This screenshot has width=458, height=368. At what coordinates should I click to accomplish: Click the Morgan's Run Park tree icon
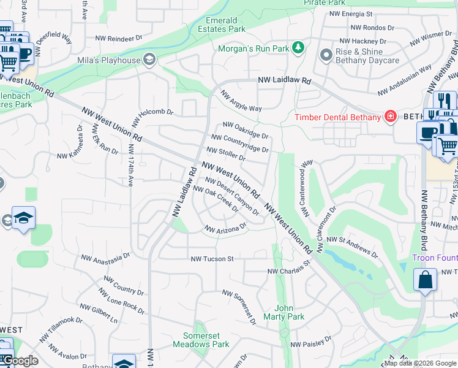click(298, 48)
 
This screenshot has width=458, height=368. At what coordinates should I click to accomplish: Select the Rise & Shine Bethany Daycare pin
click(326, 56)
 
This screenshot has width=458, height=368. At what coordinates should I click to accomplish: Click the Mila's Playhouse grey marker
click(148, 59)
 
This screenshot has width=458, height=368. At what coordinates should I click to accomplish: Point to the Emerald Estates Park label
click(222, 25)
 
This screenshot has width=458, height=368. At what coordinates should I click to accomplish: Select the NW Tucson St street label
click(212, 259)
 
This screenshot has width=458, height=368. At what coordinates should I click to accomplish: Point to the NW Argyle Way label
click(241, 101)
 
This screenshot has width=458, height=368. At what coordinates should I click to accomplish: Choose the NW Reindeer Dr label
click(123, 38)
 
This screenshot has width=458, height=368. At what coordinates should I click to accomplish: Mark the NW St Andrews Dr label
click(352, 245)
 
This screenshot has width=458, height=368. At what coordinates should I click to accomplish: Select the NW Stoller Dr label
click(227, 154)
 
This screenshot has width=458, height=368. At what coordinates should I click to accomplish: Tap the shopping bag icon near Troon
click(425, 280)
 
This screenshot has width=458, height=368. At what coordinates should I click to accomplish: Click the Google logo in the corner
click(20, 361)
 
